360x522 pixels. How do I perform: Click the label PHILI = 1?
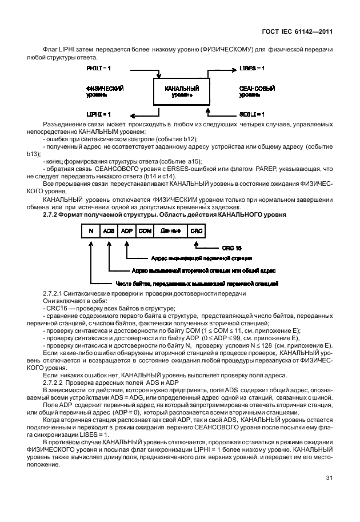pos(98,68)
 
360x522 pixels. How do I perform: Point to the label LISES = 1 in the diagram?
pos(252,68)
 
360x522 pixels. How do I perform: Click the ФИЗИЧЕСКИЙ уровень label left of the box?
pos(105,92)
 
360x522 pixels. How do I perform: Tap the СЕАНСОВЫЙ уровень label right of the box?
pos(257,92)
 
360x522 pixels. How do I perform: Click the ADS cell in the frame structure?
pos(108,230)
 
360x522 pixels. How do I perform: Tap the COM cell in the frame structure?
pos(145,230)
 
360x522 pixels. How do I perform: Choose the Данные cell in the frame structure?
pos(171,230)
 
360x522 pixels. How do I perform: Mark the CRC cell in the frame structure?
pos(196,230)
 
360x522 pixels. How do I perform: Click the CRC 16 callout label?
pos(231,249)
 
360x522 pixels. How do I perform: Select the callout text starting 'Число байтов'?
pos(197,283)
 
